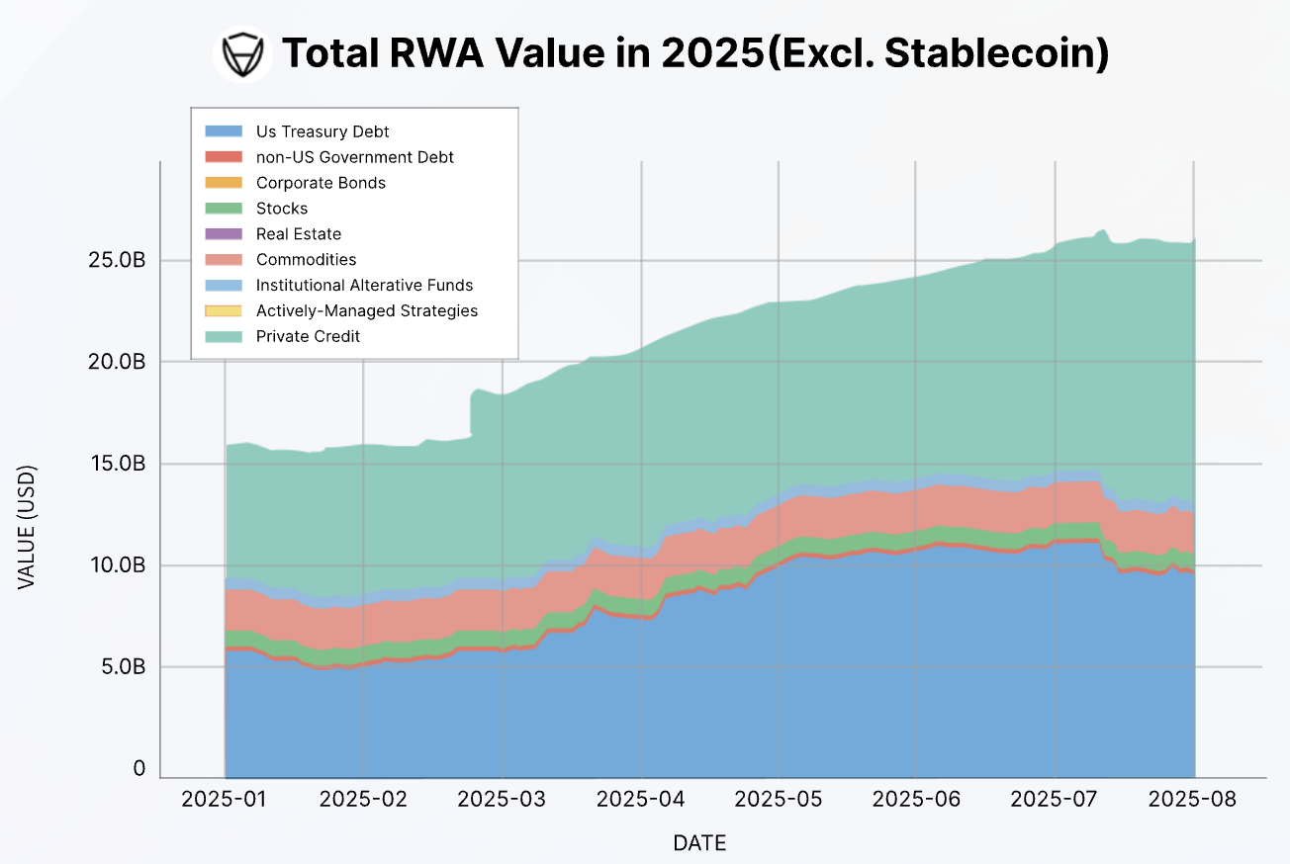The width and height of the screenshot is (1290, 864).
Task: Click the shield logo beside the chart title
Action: [242, 54]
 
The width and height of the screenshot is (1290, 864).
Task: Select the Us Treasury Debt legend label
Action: [322, 131]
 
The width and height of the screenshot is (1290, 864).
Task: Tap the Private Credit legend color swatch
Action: [224, 337]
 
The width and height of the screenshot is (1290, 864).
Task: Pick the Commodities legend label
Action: [306, 260]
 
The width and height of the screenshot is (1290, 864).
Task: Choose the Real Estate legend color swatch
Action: [224, 234]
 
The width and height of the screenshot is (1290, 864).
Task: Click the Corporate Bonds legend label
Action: [321, 183]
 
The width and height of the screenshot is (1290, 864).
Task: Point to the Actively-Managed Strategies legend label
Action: [366, 311]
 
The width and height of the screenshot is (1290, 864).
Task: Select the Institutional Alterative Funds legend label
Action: [364, 286]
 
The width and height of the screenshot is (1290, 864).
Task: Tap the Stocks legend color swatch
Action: [224, 209]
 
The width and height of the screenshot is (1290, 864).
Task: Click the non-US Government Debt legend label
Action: [355, 157]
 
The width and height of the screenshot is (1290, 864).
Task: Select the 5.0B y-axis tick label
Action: [123, 667]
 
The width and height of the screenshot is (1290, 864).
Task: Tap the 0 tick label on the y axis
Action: [139, 769]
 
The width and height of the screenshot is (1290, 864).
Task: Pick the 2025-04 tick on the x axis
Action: [641, 799]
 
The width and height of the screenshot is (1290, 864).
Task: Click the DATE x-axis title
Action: [699, 843]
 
